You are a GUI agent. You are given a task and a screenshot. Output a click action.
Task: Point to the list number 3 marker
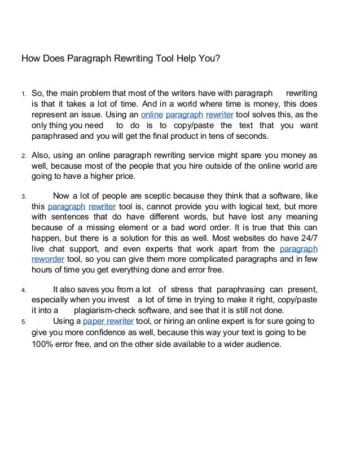point(23,197)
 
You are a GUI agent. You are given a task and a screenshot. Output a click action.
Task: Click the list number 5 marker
point(23,322)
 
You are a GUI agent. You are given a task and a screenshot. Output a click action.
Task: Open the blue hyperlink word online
point(151,115)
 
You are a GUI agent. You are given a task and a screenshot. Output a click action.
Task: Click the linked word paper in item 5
point(94,322)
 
